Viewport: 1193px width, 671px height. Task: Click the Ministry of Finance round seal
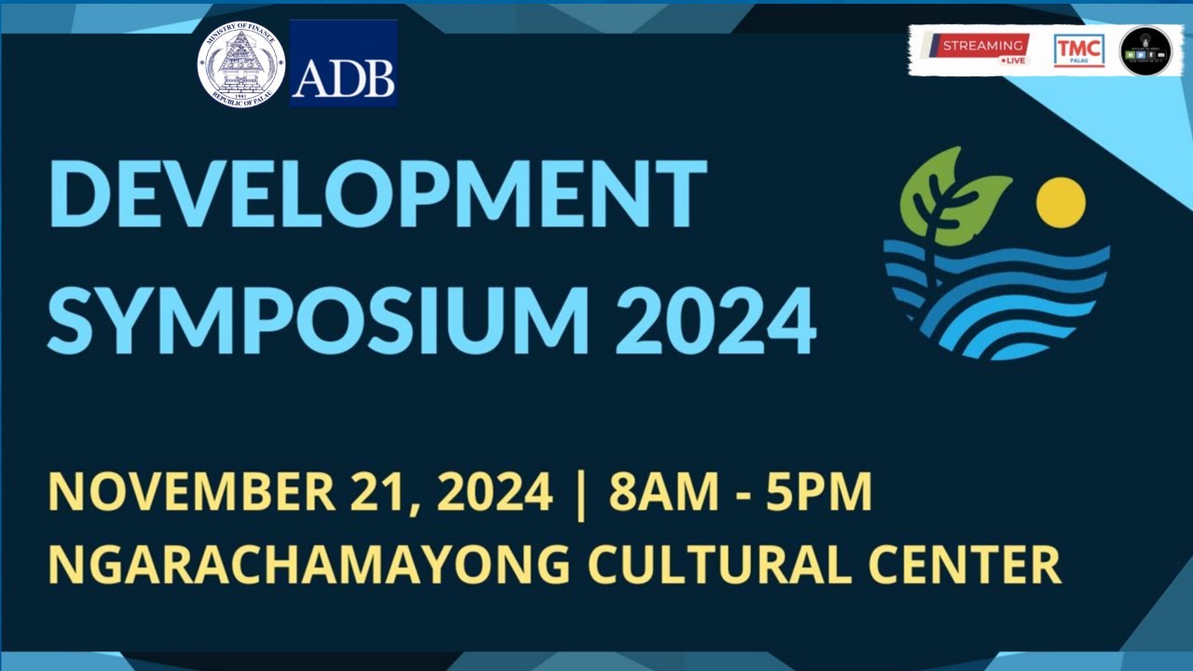coord(240,64)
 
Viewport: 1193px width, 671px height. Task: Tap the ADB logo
coord(343,63)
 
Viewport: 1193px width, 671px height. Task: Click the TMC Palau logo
coord(1078,50)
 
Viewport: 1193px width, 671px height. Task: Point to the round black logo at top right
coord(1145,50)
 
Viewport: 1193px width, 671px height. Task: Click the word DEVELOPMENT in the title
coord(377,195)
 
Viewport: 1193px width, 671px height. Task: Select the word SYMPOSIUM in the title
coord(320,320)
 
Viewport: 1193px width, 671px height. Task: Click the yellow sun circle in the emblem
coord(1061,202)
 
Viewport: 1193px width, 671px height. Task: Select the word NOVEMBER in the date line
coord(192,493)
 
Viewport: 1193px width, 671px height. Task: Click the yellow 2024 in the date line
coord(494,493)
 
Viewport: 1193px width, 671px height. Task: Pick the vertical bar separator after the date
coord(582,495)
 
